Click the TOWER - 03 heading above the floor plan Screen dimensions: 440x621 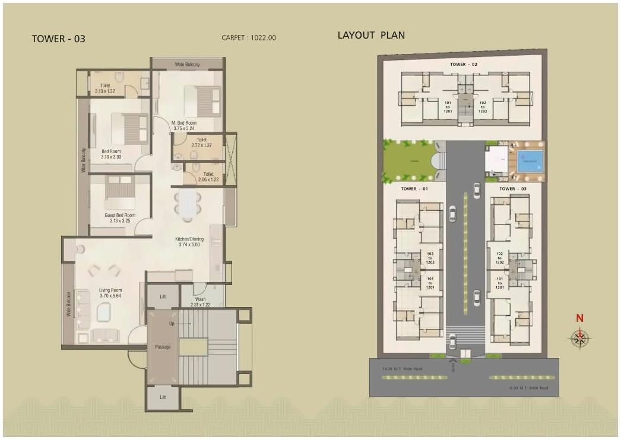58,39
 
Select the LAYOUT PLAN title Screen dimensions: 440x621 371,35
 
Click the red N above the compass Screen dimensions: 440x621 580,318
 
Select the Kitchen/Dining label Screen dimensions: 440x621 189,239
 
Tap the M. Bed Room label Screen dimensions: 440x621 184,123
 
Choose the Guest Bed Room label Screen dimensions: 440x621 120,215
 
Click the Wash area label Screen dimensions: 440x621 200,299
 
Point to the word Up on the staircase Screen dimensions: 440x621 172,324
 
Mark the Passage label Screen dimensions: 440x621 163,347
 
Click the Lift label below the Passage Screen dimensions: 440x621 163,397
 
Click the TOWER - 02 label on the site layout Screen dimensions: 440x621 464,64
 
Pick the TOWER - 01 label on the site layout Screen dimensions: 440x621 414,189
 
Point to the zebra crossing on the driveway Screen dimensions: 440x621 465,335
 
